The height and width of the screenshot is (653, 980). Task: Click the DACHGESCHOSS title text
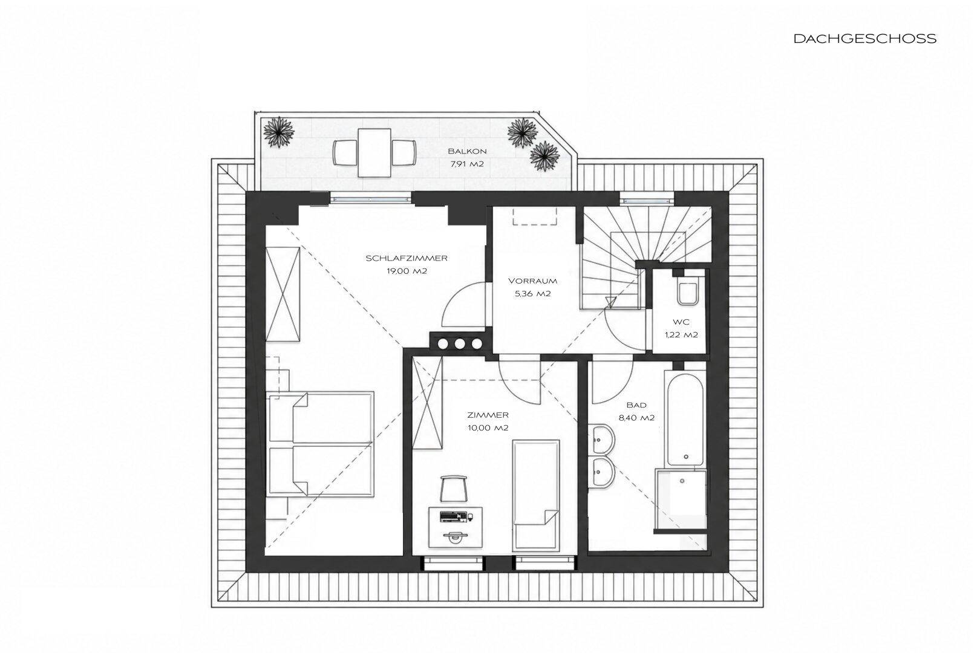point(865,39)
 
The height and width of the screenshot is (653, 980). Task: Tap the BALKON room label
point(467,151)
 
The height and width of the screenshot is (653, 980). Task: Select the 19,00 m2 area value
point(407,271)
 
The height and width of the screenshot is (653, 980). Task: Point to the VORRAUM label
point(533,281)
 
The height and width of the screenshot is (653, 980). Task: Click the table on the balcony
point(374,152)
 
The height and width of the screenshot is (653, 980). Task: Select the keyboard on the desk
point(453,516)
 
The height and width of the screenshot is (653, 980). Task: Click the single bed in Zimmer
point(536,496)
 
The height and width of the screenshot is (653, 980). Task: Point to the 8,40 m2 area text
point(636,418)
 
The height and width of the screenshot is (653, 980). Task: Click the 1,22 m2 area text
point(681,335)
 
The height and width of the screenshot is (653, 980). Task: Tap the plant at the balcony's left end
point(279,131)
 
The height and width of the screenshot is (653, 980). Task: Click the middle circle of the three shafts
point(459,344)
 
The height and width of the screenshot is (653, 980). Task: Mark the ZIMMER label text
point(488,415)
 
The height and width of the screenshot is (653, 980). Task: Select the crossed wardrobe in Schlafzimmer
point(283,294)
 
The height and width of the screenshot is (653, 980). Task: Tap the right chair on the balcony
point(403,153)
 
